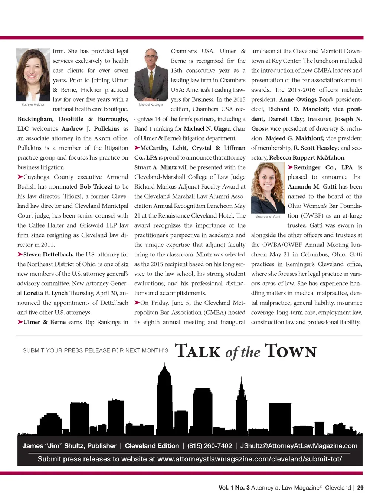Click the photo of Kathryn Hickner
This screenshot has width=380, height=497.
click(x=33, y=75)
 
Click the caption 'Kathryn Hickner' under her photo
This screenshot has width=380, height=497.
click(x=33, y=105)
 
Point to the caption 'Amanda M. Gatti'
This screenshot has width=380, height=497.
click(x=268, y=217)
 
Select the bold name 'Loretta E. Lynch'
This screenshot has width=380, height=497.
click(x=45, y=293)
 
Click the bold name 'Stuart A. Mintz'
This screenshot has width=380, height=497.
click(x=155, y=167)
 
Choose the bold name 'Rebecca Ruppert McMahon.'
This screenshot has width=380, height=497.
click(x=307, y=158)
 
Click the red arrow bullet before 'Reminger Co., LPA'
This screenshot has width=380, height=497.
click(x=291, y=167)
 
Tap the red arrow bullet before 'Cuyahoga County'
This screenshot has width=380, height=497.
click(x=20, y=177)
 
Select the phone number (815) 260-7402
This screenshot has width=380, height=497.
click(x=210, y=446)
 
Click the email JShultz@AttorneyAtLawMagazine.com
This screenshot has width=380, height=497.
click(x=299, y=446)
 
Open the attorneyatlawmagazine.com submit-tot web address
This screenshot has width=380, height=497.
click(x=249, y=459)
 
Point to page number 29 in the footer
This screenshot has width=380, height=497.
click(x=360, y=488)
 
